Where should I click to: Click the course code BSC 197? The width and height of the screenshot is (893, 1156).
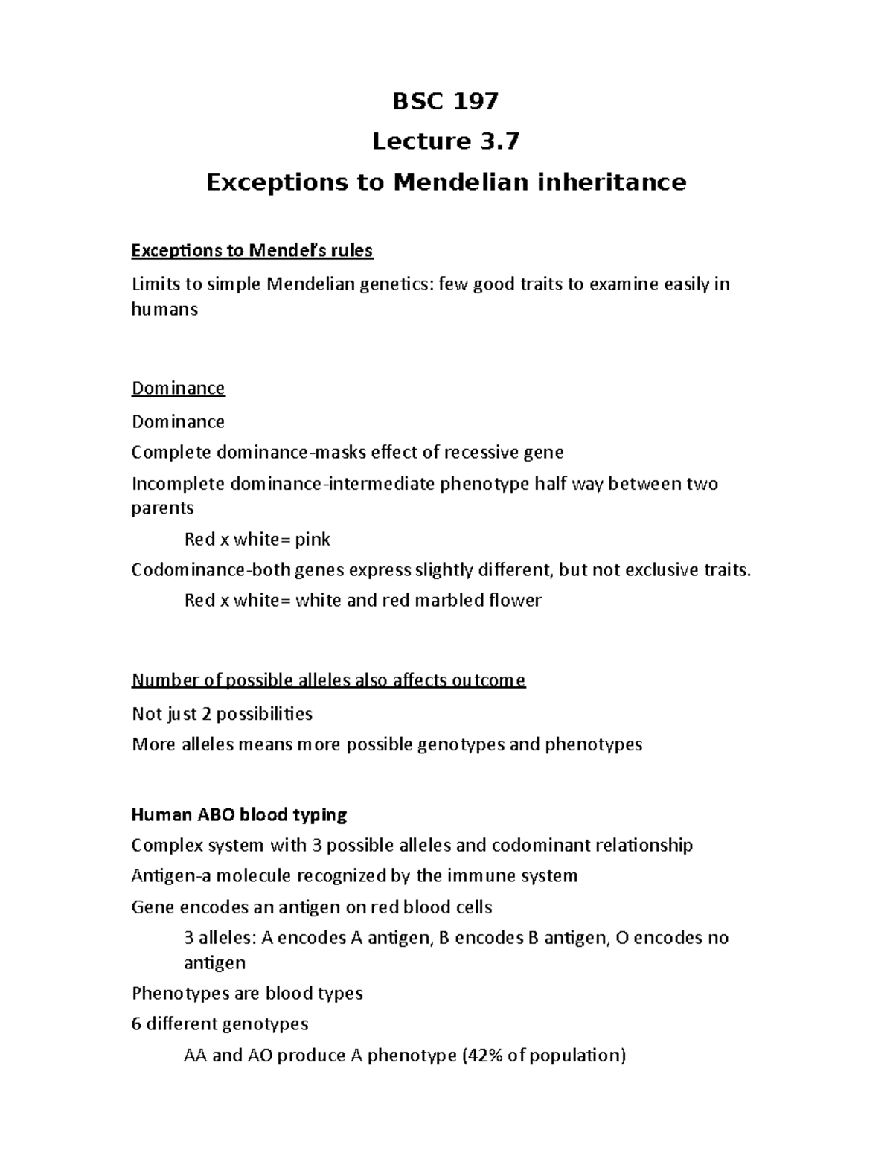click(445, 100)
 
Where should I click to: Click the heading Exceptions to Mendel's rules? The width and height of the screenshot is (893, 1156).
click(252, 251)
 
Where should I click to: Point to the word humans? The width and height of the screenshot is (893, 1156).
click(164, 309)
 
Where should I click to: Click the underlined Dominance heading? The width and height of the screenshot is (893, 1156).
click(178, 388)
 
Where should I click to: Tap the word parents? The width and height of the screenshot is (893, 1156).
click(162, 508)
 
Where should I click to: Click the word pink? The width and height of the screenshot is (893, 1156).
click(313, 539)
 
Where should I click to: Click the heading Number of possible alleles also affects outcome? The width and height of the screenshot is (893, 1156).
click(328, 680)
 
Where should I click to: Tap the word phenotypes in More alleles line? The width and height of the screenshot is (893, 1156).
click(593, 744)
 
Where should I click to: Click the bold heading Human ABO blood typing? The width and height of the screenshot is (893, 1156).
click(239, 814)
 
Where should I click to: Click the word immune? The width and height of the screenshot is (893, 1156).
click(478, 875)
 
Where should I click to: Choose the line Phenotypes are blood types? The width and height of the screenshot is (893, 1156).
click(247, 993)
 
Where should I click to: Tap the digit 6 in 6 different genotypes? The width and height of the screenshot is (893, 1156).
click(136, 1024)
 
